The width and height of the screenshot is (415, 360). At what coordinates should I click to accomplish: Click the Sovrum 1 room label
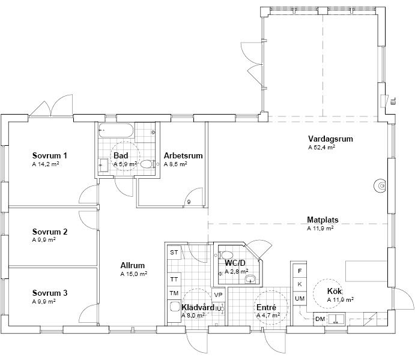point(49,155)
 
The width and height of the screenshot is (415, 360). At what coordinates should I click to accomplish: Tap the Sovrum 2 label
point(50,232)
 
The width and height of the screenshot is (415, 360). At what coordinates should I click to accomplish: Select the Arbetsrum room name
point(183,155)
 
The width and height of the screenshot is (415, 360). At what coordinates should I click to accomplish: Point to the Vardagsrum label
point(330,139)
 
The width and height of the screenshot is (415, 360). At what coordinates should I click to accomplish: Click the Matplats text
point(323,220)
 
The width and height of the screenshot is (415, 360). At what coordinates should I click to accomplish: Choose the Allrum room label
point(132,265)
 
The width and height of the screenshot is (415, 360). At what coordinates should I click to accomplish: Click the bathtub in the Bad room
point(117,130)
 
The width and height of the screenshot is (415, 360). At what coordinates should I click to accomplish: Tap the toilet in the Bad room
point(147,164)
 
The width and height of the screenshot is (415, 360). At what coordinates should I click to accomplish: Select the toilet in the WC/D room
point(226,255)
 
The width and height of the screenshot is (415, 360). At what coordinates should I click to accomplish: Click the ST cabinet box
point(174,253)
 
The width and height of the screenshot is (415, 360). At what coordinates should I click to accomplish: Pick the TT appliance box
point(174,280)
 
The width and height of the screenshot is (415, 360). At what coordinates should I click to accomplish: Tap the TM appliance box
point(174,293)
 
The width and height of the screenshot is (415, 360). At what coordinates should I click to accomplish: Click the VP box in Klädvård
point(218,295)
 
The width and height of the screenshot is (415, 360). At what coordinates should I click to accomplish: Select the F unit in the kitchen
point(300,271)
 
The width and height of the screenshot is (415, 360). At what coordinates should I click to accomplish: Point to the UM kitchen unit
point(300,298)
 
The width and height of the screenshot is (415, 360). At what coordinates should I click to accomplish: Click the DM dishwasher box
point(320,319)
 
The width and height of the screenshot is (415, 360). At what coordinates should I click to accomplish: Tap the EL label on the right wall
point(393,101)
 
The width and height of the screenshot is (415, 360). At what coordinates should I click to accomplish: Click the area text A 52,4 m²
point(321,147)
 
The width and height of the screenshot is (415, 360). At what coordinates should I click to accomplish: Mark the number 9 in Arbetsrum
point(189,202)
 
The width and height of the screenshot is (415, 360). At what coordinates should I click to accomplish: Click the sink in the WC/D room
point(250,279)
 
